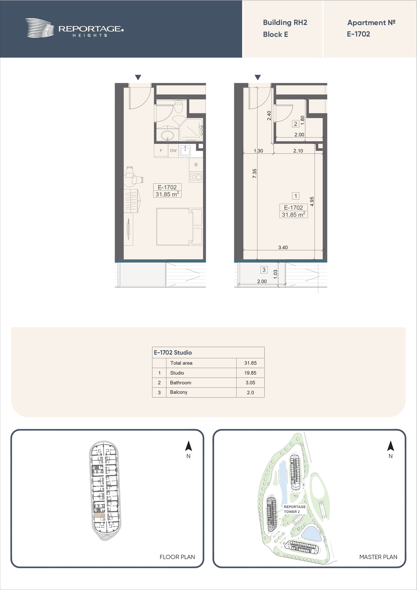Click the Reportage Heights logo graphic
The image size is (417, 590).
tap(40, 28)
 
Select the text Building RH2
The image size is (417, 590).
tap(285, 23)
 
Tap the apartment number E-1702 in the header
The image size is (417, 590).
tap(358, 34)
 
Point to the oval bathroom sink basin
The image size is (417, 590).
tap(167, 135)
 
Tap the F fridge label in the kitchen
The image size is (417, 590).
tap(161, 151)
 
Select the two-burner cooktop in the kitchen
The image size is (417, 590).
tap(196, 177)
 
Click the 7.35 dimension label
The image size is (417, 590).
tap(254, 173)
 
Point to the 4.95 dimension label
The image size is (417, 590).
tap(312, 201)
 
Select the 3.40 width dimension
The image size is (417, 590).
tap(283, 247)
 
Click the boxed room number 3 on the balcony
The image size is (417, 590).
tap(264, 270)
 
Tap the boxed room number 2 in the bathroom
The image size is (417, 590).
tap(295, 124)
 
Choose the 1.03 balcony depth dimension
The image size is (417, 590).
tap(275, 274)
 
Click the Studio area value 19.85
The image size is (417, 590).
tap(250, 373)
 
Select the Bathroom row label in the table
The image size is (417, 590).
tap(181, 383)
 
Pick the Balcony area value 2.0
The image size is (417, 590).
tap(250, 392)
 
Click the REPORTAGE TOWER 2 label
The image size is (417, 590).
tap(295, 509)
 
